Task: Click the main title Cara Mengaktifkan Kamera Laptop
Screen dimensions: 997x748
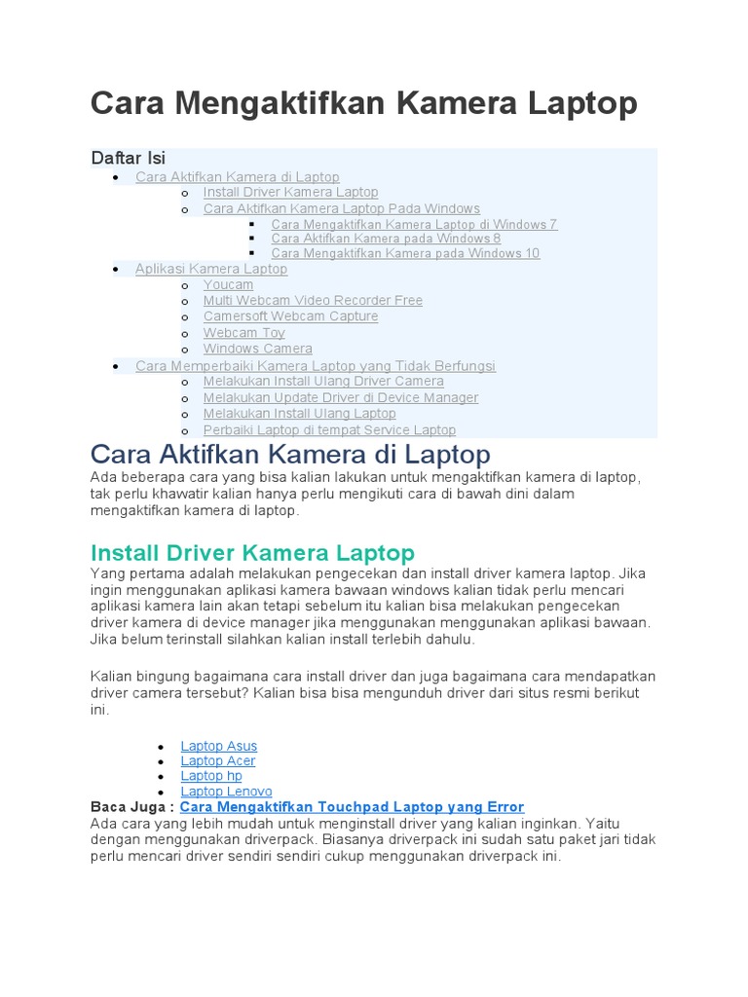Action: (x=364, y=103)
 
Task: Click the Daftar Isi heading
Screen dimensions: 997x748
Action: (x=128, y=158)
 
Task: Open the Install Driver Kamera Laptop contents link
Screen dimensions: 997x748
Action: (x=290, y=193)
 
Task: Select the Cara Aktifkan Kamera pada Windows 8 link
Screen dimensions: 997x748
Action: (x=386, y=239)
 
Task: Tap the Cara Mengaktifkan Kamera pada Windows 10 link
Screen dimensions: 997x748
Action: (x=405, y=253)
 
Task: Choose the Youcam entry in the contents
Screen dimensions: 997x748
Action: (x=228, y=284)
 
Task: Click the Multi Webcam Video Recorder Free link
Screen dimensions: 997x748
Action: (x=313, y=301)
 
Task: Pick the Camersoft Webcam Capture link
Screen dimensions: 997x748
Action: (x=290, y=316)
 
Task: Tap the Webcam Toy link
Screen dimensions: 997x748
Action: (x=243, y=333)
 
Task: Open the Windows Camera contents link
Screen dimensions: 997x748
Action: (x=257, y=349)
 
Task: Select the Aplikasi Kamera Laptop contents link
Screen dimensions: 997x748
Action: (x=211, y=269)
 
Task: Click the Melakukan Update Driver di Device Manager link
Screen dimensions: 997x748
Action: (x=341, y=397)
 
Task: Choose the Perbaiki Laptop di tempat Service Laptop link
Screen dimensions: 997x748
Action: (x=329, y=429)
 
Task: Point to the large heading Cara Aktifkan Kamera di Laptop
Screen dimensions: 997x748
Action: (x=290, y=454)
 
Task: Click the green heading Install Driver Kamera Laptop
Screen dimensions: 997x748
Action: (x=252, y=553)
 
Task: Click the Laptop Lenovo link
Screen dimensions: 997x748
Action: (x=226, y=792)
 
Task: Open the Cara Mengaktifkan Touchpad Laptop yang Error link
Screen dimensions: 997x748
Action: (x=352, y=807)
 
